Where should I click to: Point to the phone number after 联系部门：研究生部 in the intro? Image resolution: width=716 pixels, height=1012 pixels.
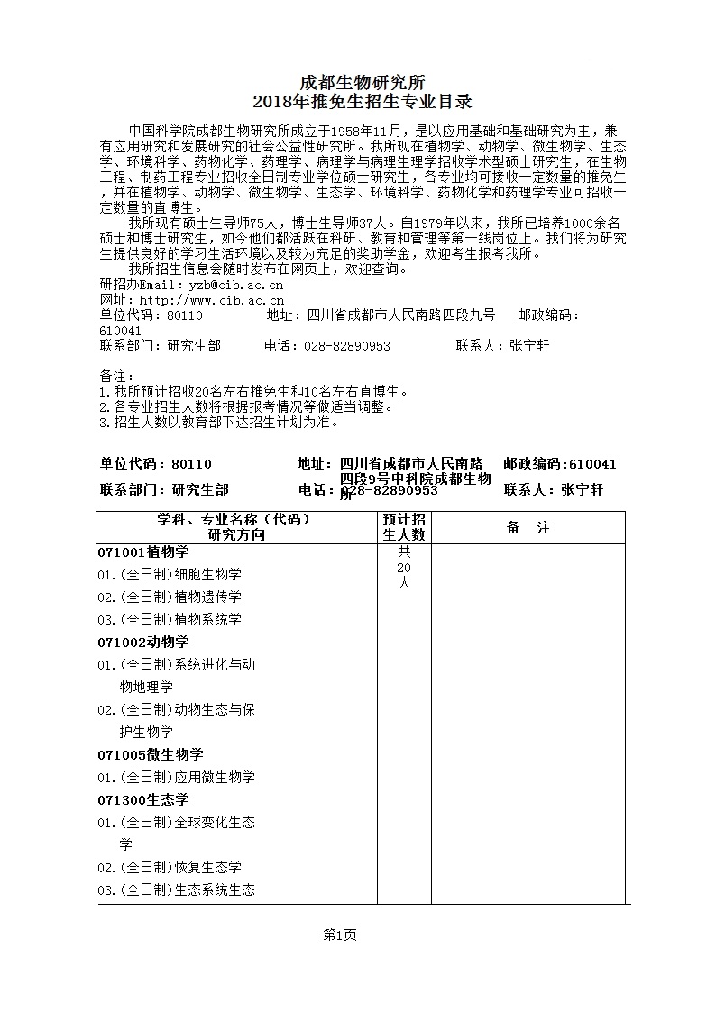coord(326,346)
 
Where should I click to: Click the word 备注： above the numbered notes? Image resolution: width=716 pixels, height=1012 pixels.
coord(117,376)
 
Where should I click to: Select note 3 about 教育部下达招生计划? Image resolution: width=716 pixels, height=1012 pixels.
coord(219,421)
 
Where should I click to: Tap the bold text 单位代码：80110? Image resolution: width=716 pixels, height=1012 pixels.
coord(155,464)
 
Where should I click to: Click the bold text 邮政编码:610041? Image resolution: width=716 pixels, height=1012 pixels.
coord(560,464)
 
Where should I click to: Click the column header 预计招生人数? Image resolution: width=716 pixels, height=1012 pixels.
coord(404,527)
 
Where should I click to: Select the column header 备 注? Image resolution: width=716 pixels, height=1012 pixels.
coord(528,528)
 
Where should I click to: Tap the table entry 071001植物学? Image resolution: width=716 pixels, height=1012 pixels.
coord(143,552)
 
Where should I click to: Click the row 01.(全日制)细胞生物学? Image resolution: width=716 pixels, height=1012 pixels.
coord(170,574)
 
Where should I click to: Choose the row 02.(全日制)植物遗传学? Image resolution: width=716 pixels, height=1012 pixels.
coord(170,597)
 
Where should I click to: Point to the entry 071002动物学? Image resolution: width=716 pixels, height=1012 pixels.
coord(143,642)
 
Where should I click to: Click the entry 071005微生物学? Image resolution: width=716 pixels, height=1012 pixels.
coord(151,754)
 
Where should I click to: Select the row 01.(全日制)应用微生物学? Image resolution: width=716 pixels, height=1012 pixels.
coord(177,777)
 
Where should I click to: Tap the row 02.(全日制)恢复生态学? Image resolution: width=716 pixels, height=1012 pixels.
coord(170,867)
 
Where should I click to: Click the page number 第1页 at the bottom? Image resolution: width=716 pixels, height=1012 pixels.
coord(340,935)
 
